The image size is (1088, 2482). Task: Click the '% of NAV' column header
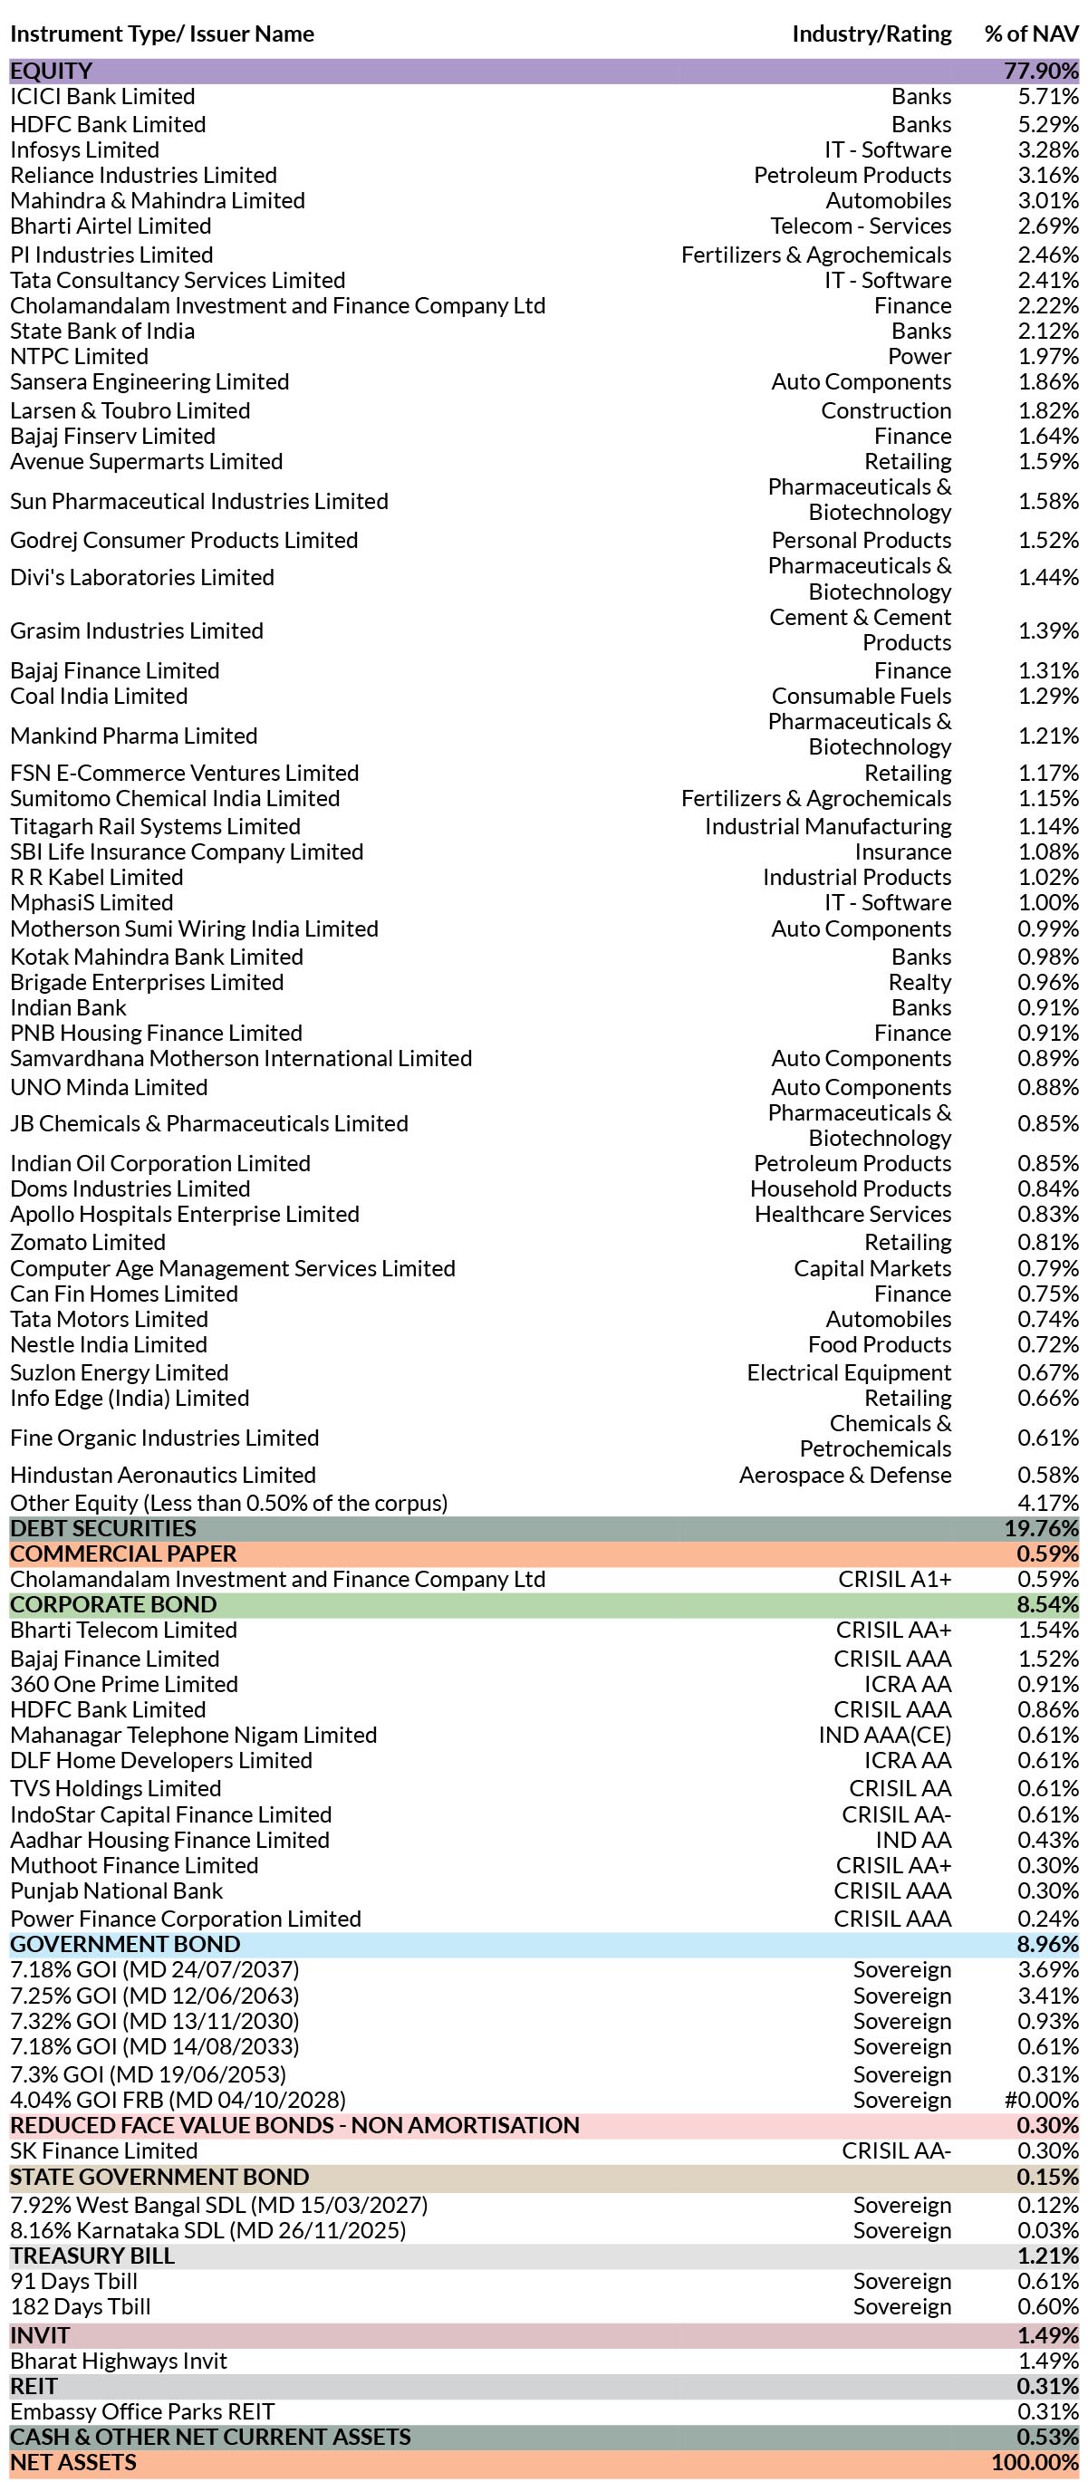pos(1031,34)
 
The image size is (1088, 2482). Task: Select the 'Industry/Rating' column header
pos(871,34)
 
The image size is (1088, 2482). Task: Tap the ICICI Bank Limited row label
pos(102,96)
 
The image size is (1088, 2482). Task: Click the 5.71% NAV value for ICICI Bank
pos(1048,96)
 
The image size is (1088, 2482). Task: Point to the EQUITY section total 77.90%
pos(1042,72)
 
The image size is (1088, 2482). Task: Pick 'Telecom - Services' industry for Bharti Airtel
pos(861,226)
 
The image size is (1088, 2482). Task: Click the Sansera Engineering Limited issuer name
pos(149,381)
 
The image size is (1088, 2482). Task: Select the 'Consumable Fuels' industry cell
pos(862,696)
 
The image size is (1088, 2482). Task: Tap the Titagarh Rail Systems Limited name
pos(155,827)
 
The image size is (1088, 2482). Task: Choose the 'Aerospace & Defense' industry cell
pos(845,1475)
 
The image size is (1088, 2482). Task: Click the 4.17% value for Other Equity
pos(1048,1503)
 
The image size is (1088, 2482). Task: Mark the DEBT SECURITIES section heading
pos(103,1528)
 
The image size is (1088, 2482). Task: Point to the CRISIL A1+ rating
pos(895,1579)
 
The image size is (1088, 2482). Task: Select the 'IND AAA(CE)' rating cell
pos(885,1736)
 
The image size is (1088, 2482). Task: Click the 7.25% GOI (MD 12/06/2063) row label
pos(155,1996)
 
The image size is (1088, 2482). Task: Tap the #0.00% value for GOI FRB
pos(1042,2101)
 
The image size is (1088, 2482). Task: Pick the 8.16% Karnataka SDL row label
pos(208,2230)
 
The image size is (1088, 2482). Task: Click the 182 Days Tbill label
pos(81,2306)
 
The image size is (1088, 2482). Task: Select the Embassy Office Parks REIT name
pos(142,2411)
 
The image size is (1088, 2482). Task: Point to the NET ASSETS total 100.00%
pos(1035,2463)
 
